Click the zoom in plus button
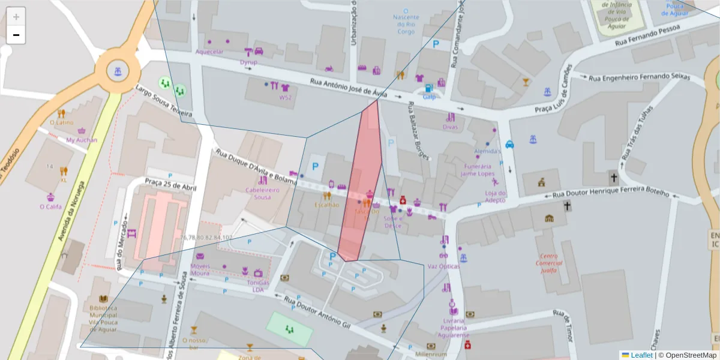click(16, 17)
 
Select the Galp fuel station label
click(429, 97)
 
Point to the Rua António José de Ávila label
click(349, 88)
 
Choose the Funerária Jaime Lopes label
click(476, 170)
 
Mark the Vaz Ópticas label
click(443, 266)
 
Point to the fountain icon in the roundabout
click(118, 71)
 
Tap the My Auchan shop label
click(82, 140)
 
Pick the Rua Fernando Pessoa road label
click(647, 35)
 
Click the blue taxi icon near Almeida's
click(509, 144)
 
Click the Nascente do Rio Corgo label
click(406, 25)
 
